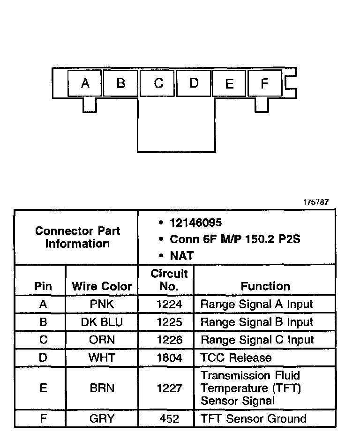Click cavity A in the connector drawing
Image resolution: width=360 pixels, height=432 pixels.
(85, 83)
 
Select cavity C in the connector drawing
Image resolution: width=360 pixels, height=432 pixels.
(158, 83)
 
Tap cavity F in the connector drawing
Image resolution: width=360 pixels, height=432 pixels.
(264, 83)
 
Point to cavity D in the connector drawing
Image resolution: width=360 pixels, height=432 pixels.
(194, 83)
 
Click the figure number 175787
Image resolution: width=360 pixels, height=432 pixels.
(315, 202)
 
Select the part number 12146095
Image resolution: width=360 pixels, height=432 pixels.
(196, 223)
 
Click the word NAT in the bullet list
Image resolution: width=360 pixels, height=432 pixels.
(182, 256)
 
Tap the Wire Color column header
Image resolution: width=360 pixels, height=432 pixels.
(102, 286)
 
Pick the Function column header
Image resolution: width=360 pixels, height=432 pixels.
(265, 286)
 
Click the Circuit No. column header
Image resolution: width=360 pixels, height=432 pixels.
(169, 280)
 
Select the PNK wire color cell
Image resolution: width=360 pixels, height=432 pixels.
(102, 304)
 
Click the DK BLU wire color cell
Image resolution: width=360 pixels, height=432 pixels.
(102, 322)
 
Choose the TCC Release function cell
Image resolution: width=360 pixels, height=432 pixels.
(236, 358)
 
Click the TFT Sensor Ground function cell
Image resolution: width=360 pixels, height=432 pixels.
(253, 418)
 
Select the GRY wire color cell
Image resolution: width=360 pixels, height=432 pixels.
(102, 418)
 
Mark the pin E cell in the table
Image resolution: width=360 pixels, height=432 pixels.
(43, 388)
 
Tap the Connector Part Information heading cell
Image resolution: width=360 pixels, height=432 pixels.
(77, 237)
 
